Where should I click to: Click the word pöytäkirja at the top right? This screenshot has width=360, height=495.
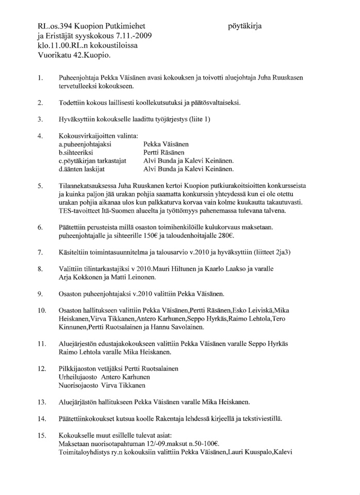(248, 25)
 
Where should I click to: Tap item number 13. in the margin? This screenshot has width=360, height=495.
(41, 401)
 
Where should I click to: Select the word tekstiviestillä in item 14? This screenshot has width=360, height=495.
(261, 418)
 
